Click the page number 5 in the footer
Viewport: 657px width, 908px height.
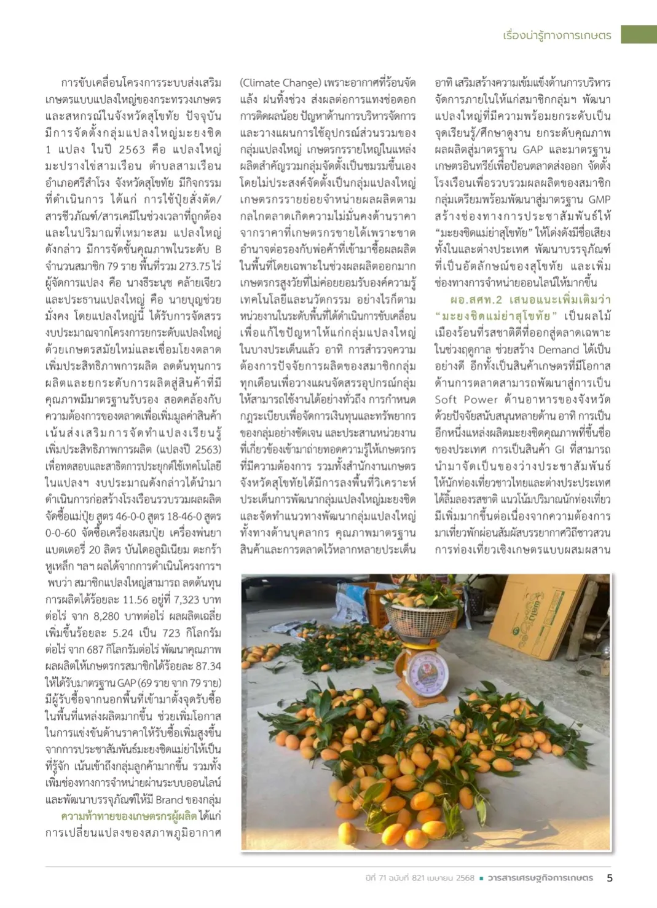coord(610,878)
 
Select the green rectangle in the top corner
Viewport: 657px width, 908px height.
coord(639,34)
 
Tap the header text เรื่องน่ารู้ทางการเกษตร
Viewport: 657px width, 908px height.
coord(557,35)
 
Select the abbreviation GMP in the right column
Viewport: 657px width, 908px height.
coord(599,199)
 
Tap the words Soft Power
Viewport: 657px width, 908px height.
coord(465,400)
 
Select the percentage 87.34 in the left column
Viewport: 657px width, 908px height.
coord(207,666)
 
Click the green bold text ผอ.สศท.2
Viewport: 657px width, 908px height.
coord(476,299)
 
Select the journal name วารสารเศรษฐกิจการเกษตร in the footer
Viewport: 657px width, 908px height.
coord(540,878)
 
